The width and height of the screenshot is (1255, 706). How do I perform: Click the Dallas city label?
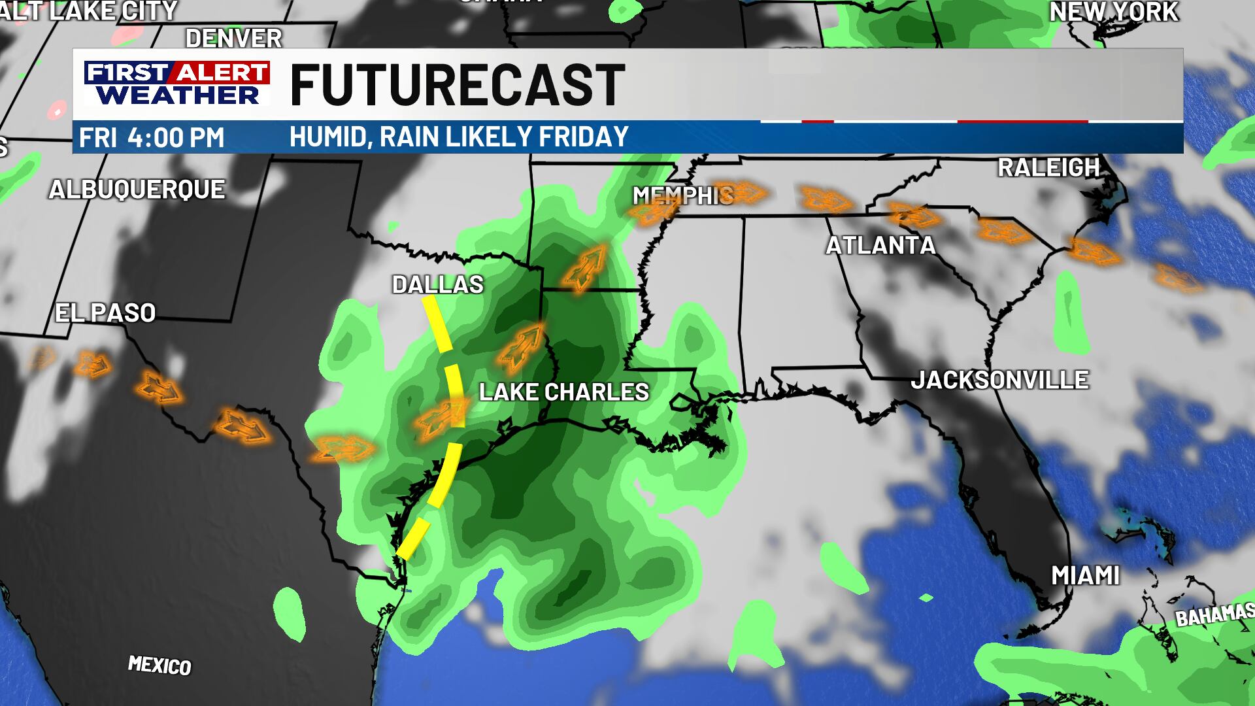click(x=437, y=284)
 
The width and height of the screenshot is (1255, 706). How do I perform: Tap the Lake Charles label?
click(x=563, y=392)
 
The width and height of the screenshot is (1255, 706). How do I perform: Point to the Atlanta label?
click(x=880, y=246)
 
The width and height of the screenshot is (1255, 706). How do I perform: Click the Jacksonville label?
click(x=999, y=380)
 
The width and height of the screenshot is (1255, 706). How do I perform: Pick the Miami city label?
click(x=1085, y=576)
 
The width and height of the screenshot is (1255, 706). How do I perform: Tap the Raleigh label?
click(x=1048, y=168)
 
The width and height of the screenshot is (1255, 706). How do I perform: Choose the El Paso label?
click(x=105, y=313)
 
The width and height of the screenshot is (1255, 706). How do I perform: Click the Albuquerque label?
click(x=137, y=190)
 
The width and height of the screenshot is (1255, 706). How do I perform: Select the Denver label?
click(x=233, y=39)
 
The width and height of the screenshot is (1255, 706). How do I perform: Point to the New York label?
click(x=1114, y=12)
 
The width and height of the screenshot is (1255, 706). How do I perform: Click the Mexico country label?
click(x=159, y=665)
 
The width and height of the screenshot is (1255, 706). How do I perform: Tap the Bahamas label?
click(x=1214, y=615)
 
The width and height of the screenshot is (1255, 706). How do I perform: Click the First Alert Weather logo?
click(x=177, y=84)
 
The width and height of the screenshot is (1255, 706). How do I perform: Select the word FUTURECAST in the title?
click(x=457, y=85)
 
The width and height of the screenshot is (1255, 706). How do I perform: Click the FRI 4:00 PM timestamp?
click(x=152, y=138)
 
